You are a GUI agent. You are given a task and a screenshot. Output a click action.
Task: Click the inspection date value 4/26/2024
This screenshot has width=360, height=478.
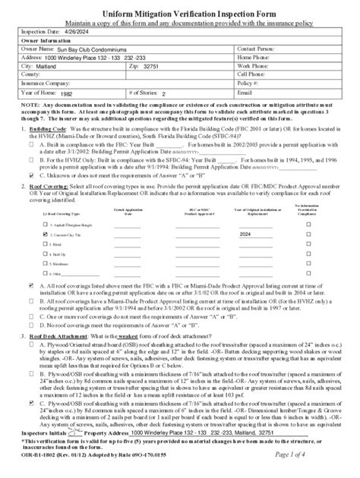tap(66, 31)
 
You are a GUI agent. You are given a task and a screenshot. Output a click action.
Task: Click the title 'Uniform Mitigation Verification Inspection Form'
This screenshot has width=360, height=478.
tap(180, 8)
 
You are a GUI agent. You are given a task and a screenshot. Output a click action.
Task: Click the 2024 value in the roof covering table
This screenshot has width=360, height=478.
tap(245, 235)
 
